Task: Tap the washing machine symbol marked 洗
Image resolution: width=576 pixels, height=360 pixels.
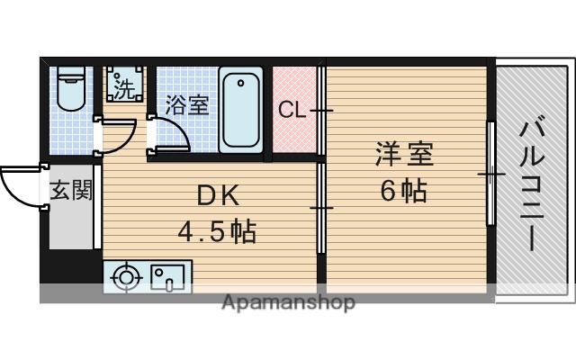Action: pos(122,85)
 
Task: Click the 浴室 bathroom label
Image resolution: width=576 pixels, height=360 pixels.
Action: pos(186,105)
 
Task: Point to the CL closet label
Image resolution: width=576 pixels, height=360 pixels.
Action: pos(291,111)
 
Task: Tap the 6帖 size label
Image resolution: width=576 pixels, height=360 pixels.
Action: pos(403,191)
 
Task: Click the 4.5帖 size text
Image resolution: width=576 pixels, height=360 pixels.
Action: pos(216,232)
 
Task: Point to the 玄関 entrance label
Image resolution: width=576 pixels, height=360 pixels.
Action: pos(70,190)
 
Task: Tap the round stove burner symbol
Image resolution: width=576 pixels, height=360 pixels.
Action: pos(125,277)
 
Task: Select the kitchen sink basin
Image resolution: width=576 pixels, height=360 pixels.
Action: pos(168,276)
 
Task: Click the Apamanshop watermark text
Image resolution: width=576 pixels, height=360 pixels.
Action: pos(288,302)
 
